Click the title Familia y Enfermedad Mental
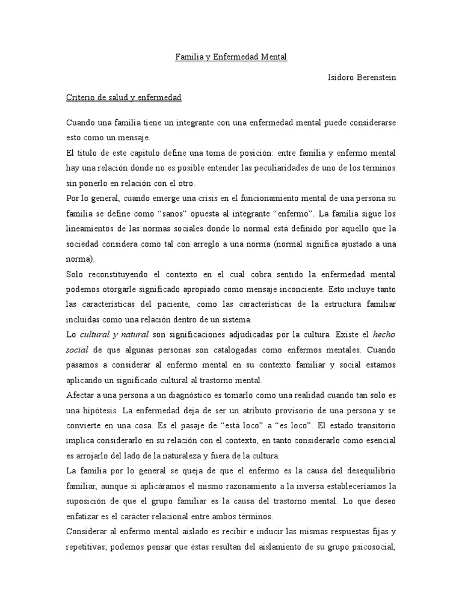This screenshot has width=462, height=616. (x=231, y=57)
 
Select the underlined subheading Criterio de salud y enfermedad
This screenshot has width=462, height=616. (x=123, y=96)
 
